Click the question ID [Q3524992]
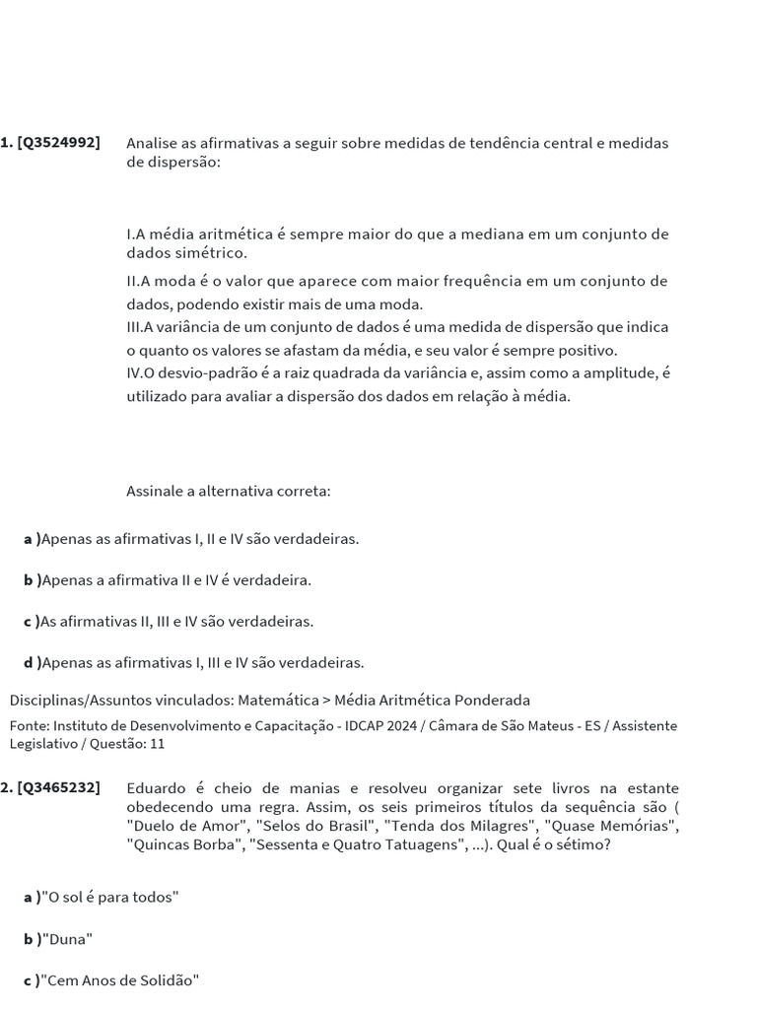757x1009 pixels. pyautogui.click(x=58, y=143)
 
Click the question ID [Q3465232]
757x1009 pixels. pyautogui.click(x=58, y=788)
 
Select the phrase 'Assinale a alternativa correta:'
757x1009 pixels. pyautogui.click(x=229, y=491)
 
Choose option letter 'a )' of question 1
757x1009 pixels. pyautogui.click(x=33, y=540)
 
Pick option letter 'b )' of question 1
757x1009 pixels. pyautogui.click(x=33, y=580)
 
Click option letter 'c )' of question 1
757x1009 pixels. pyautogui.click(x=33, y=622)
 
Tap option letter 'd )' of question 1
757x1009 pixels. pyautogui.click(x=33, y=663)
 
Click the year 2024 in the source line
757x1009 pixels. pyautogui.click(x=403, y=726)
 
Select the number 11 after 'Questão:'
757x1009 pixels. pyautogui.click(x=157, y=745)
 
